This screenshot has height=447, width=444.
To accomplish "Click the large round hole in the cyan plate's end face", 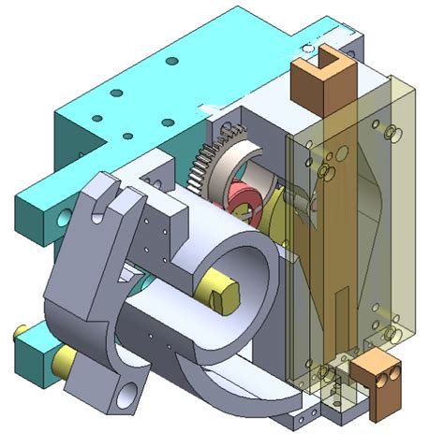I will tap(63, 218).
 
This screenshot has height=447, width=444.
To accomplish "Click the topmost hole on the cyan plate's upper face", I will tap(172, 61).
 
